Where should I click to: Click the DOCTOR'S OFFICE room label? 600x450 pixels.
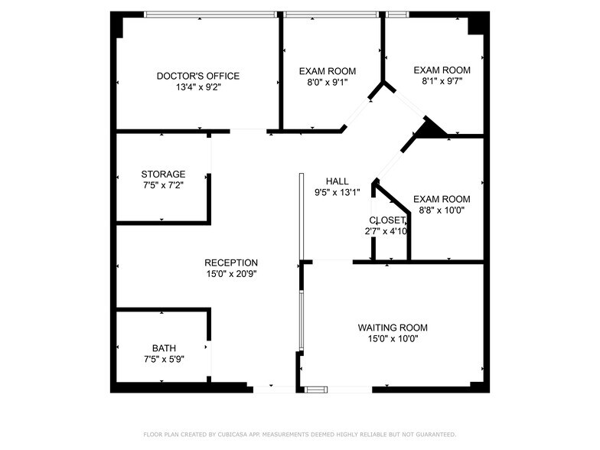197,76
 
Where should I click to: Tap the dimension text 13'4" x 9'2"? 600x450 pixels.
197,87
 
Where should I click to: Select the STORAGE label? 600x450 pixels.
162,174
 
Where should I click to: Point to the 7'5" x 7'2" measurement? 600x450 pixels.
162,185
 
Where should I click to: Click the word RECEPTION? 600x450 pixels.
231,262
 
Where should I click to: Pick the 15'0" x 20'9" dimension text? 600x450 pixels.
231,274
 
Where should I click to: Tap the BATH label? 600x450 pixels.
163,347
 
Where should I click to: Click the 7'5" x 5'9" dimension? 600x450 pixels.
163,358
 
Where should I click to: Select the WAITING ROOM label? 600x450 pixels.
388,328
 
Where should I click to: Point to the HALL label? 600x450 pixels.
337,181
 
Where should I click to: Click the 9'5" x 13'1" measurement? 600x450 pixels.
337,193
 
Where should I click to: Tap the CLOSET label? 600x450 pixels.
387,220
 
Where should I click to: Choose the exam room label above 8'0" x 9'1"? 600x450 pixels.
327,71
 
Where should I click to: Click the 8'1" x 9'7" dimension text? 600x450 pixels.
441,82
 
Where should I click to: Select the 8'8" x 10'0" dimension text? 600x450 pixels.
441,210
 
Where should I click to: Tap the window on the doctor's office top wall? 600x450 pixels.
210,14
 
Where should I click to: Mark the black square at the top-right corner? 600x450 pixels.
478,24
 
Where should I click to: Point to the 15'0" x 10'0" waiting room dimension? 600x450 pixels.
388,338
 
